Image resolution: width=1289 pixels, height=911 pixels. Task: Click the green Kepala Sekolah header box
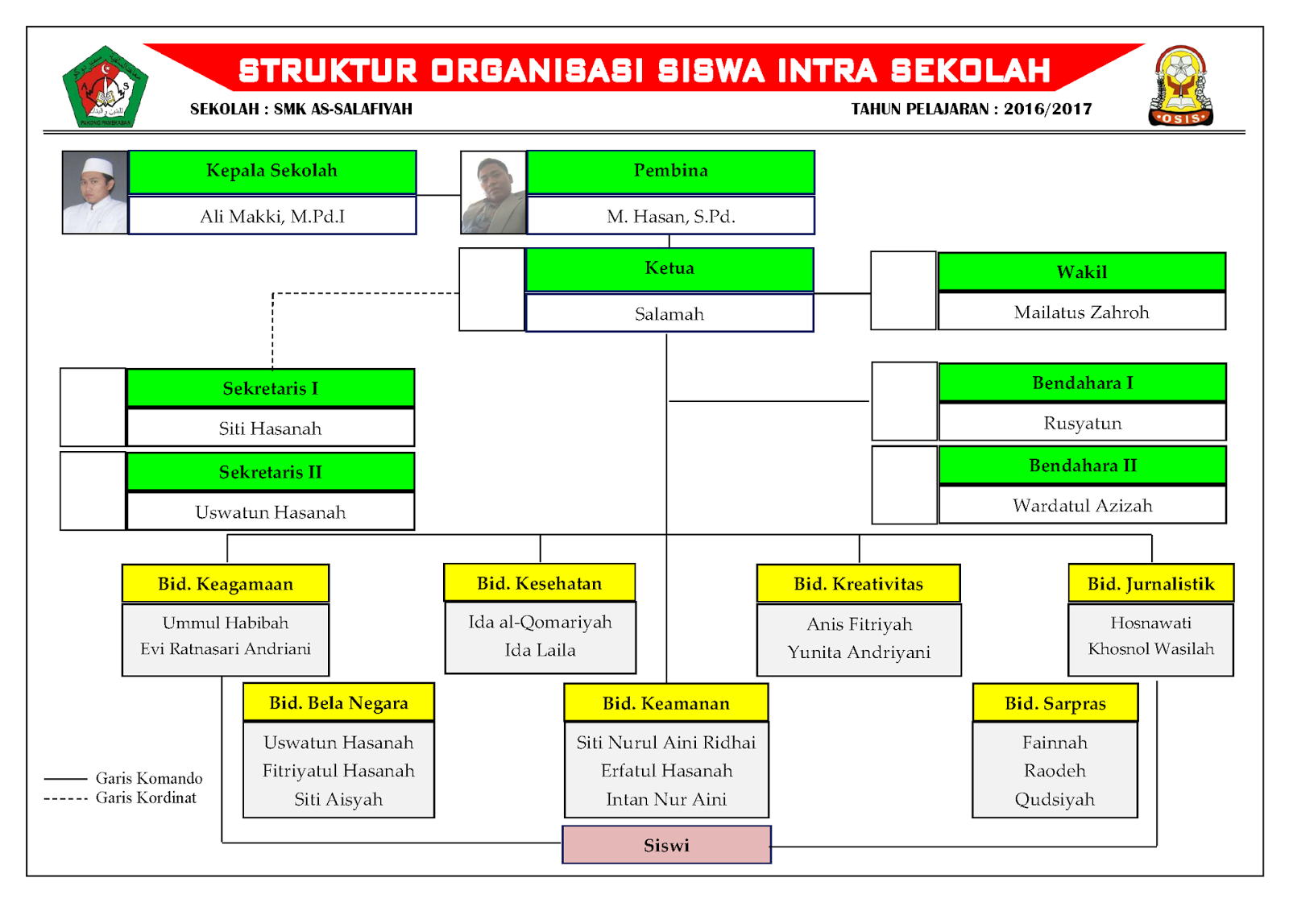(272, 172)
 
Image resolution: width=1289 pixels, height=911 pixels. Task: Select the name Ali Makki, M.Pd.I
(272, 217)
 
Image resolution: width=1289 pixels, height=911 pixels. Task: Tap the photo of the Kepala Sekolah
(95, 193)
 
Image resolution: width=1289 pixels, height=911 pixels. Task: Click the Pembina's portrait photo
(493, 193)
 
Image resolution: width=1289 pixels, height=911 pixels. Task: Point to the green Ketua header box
(669, 269)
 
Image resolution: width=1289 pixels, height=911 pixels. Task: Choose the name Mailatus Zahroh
(1081, 313)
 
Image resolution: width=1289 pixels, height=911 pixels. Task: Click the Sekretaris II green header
(271, 472)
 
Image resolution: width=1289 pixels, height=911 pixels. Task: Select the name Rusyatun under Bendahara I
(1082, 424)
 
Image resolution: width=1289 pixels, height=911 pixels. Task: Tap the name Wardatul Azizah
(1082, 506)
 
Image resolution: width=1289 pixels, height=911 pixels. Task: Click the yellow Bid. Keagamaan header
(226, 584)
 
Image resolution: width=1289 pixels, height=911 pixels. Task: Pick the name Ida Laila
(540, 650)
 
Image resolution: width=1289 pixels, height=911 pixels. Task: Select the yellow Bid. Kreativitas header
(858, 584)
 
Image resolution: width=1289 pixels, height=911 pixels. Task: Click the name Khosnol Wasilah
(1150, 649)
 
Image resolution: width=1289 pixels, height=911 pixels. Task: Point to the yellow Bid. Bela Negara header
(338, 703)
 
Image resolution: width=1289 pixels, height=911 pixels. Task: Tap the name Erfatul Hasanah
(666, 771)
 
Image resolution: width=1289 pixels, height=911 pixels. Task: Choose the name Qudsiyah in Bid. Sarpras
(1055, 799)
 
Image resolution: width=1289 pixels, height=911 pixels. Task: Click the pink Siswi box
(666, 845)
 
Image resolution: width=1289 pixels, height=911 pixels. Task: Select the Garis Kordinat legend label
(146, 798)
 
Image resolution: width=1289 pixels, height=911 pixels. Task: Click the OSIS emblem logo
(1180, 86)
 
